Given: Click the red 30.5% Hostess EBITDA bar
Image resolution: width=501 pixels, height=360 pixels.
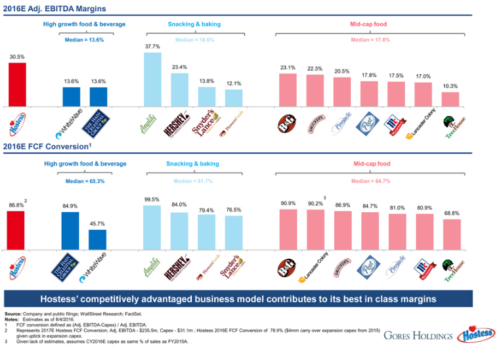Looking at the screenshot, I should click(17, 84).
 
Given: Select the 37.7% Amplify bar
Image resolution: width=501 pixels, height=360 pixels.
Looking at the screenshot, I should click(152, 79).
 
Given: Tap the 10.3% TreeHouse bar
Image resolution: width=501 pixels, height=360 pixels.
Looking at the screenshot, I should click(450, 99).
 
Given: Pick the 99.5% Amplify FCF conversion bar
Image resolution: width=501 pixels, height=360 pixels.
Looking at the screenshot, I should click(152, 227).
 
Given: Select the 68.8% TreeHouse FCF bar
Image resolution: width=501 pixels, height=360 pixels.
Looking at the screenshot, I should click(451, 235).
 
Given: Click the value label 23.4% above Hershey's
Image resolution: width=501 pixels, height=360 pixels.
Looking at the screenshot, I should click(179, 67).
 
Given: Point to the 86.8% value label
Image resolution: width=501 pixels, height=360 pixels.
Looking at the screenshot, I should click(15, 206).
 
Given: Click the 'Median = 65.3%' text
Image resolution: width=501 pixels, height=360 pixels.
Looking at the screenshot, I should click(84, 181).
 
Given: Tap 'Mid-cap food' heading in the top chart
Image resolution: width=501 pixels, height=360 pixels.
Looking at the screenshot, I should click(370, 24).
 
